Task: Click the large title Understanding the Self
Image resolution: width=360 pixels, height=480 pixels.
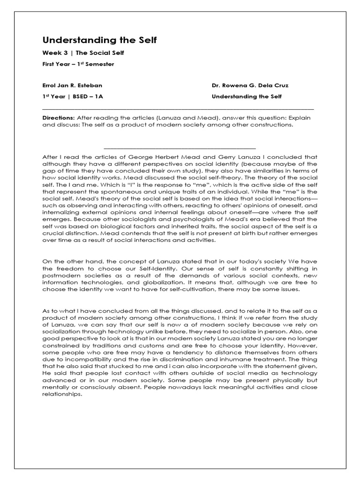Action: pyautogui.click(x=100, y=41)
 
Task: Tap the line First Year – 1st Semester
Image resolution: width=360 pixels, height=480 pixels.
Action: pyautogui.click(x=78, y=64)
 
